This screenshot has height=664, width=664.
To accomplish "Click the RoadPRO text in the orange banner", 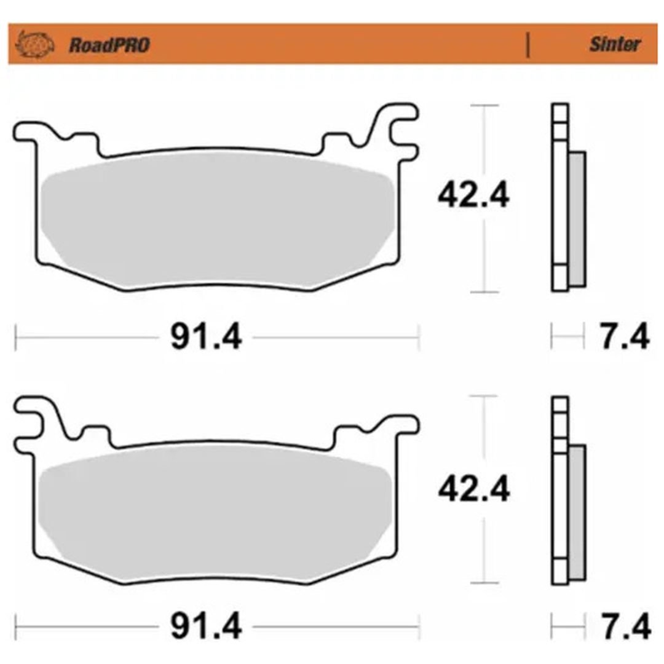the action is [109, 45].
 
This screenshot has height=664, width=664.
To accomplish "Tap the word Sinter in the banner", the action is [615, 44].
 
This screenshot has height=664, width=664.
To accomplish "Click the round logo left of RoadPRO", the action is [34, 44].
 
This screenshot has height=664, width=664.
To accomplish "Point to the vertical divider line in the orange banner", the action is [528, 45].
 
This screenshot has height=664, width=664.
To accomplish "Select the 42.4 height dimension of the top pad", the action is [473, 196].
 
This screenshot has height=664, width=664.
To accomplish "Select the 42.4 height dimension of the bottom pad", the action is [474, 489].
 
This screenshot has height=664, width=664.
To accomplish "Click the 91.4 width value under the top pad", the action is [206, 337].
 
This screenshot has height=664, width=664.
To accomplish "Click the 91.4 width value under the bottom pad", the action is [206, 626].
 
